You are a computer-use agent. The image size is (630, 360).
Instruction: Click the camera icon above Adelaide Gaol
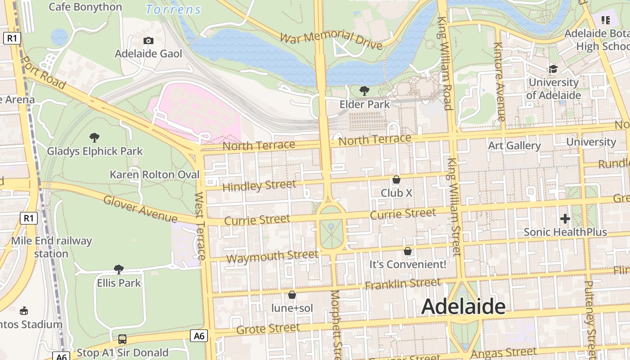(x=148, y=41)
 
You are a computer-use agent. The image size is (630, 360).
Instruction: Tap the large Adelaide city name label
(x=463, y=307)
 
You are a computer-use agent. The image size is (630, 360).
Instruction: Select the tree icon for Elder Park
(x=364, y=91)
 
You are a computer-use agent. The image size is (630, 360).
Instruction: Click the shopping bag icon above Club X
(x=396, y=180)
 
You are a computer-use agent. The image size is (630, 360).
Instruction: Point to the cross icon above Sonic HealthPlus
(x=565, y=219)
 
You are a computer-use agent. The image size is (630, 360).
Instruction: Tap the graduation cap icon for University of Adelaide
(x=553, y=69)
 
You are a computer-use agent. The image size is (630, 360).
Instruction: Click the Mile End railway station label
(x=51, y=247)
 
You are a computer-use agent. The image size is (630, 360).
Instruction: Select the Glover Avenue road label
(x=140, y=209)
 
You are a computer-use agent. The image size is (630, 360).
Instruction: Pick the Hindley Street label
(x=259, y=185)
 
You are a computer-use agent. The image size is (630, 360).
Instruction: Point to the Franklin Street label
(x=403, y=284)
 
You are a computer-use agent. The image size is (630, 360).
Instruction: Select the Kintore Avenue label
(x=499, y=81)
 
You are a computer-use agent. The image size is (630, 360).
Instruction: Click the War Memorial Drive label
(x=331, y=40)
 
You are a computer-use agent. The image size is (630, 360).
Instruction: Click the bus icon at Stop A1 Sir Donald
(x=122, y=339)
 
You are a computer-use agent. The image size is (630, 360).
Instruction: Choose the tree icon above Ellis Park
(x=119, y=270)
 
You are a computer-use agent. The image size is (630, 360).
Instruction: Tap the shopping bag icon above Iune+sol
(x=292, y=295)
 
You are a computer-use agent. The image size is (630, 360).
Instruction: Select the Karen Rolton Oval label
(x=154, y=174)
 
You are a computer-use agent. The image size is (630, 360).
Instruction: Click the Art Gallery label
(x=514, y=146)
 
